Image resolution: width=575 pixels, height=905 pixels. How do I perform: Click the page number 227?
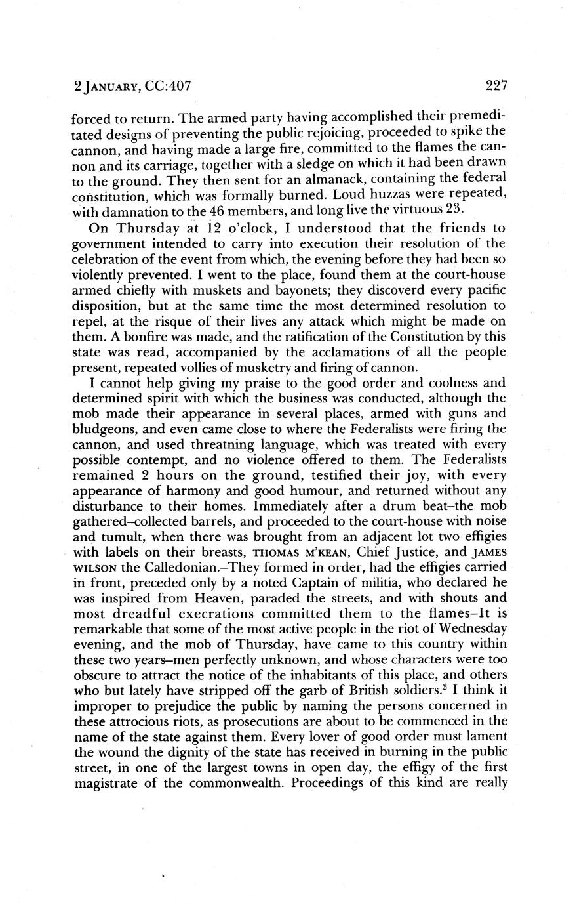click(x=498, y=86)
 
